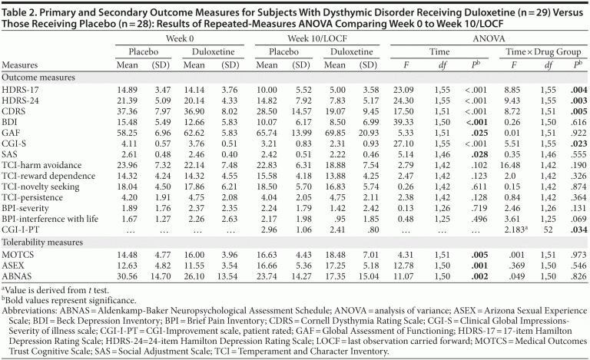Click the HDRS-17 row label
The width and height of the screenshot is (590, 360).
click(x=19, y=91)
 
